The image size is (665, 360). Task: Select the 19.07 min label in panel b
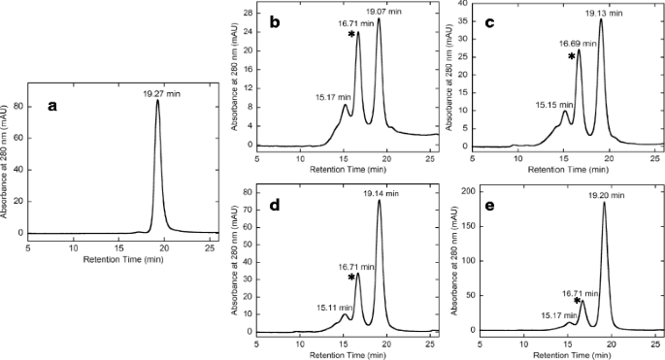coord(382,12)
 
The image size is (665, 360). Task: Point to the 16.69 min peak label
coord(578,44)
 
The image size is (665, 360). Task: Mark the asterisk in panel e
coord(576,302)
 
